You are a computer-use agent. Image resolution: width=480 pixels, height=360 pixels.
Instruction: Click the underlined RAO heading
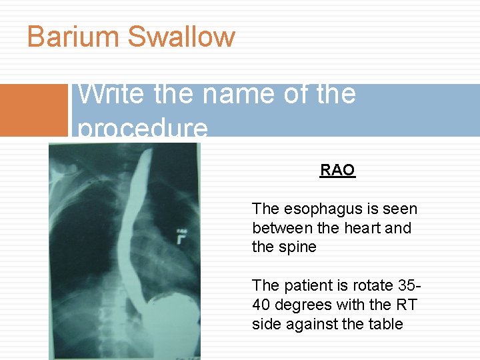(337, 170)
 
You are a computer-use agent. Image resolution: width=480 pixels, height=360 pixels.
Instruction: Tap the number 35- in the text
(408, 285)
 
